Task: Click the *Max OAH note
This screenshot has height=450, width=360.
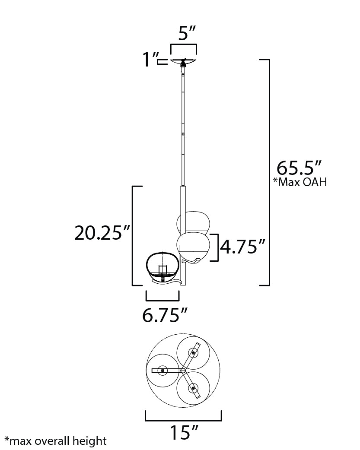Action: (300, 182)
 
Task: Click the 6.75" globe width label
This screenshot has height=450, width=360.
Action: (165, 315)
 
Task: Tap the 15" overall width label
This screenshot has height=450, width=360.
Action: (184, 432)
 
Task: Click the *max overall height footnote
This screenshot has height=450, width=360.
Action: (56, 441)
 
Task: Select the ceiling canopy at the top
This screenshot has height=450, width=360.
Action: (183, 61)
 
